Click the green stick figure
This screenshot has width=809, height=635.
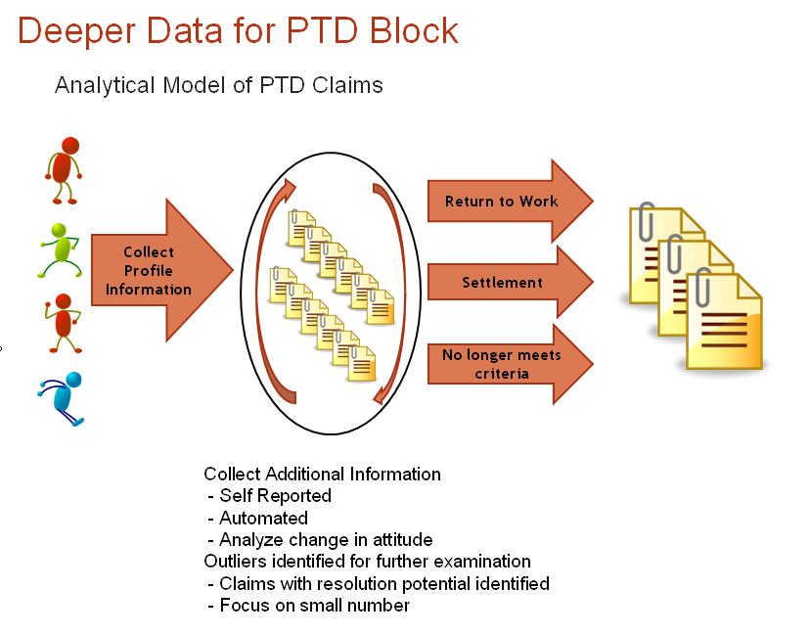60,250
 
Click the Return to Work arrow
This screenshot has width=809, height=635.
511,202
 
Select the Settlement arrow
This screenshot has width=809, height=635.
511,282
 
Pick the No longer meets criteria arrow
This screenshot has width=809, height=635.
511,364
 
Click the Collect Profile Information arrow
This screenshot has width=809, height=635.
162,270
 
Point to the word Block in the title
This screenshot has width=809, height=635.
414,30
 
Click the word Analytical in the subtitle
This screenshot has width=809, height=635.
105,86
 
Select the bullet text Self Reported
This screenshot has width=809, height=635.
275,496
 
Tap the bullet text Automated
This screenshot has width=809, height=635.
264,518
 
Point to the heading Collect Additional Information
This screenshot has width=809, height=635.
323,475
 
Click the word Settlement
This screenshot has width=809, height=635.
502,283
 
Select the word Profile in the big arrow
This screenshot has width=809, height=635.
149,271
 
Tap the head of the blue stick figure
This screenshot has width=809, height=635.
73,380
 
